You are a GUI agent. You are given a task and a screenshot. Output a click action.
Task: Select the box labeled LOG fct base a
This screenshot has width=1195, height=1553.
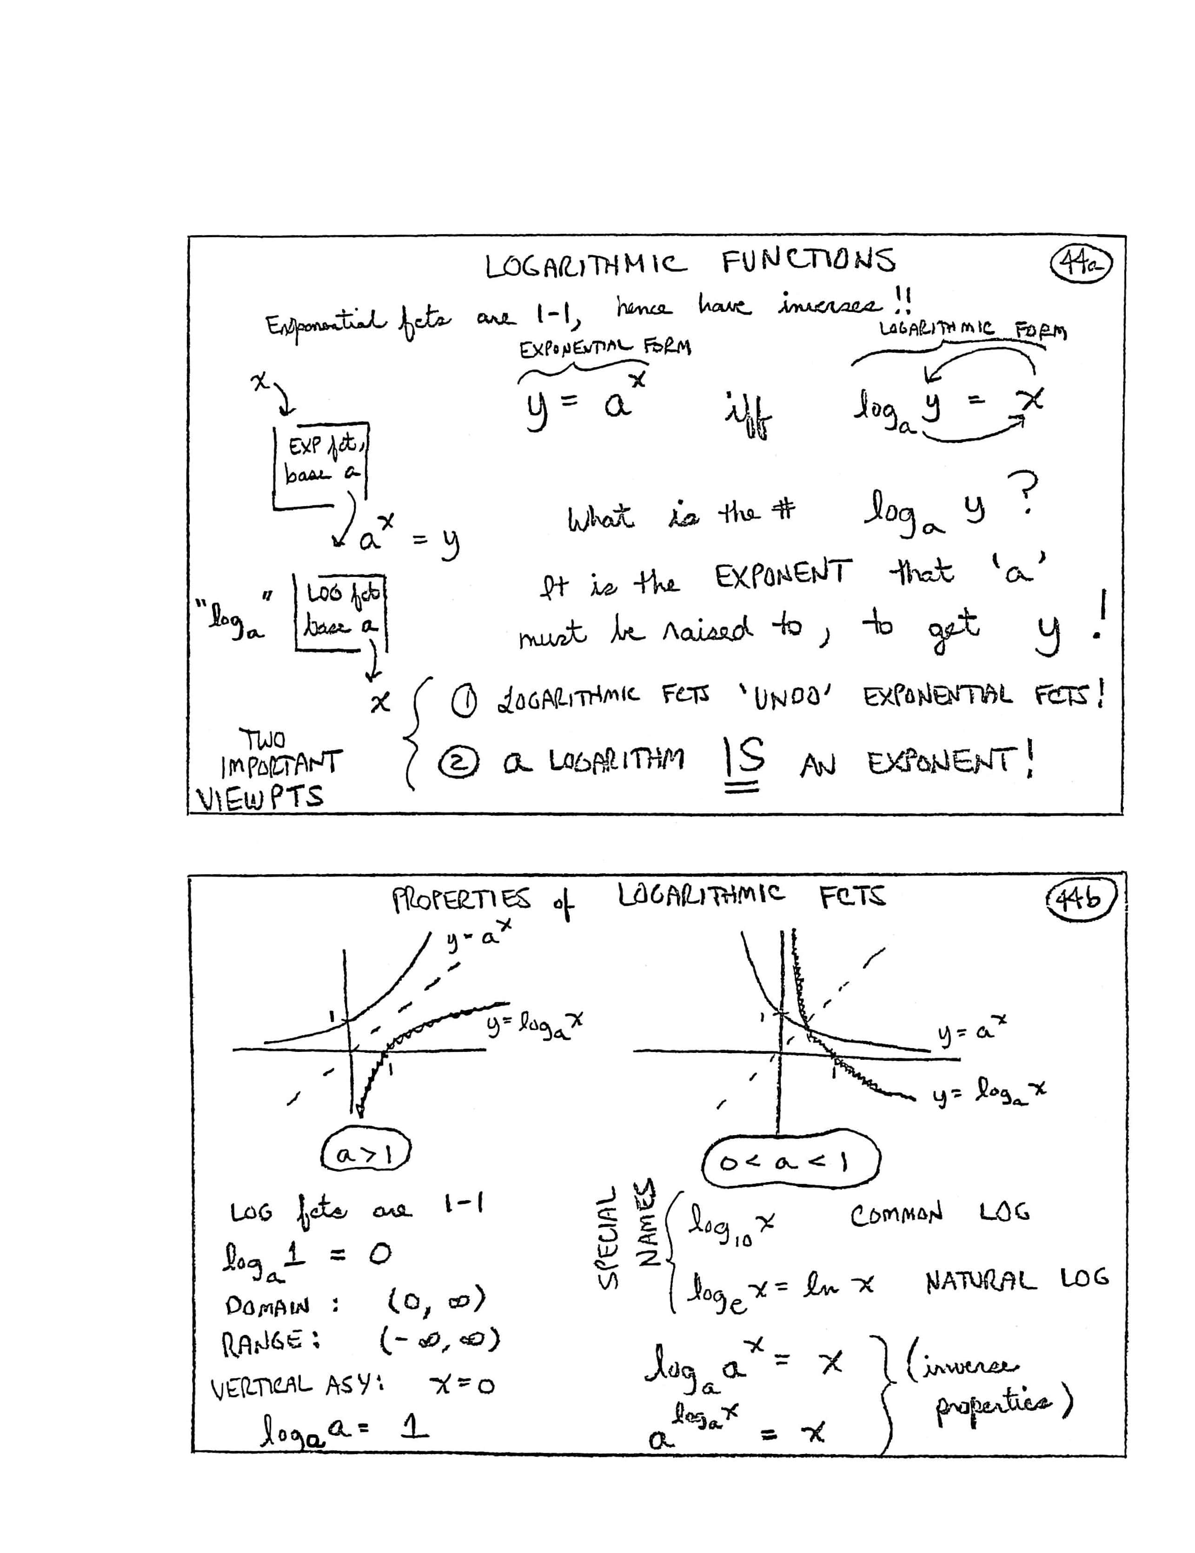pyautogui.click(x=341, y=611)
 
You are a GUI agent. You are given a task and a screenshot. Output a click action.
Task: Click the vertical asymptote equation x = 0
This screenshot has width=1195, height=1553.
pyautogui.click(x=462, y=1384)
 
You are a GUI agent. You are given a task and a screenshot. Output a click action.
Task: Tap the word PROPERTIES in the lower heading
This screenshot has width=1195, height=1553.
pyautogui.click(x=461, y=900)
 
